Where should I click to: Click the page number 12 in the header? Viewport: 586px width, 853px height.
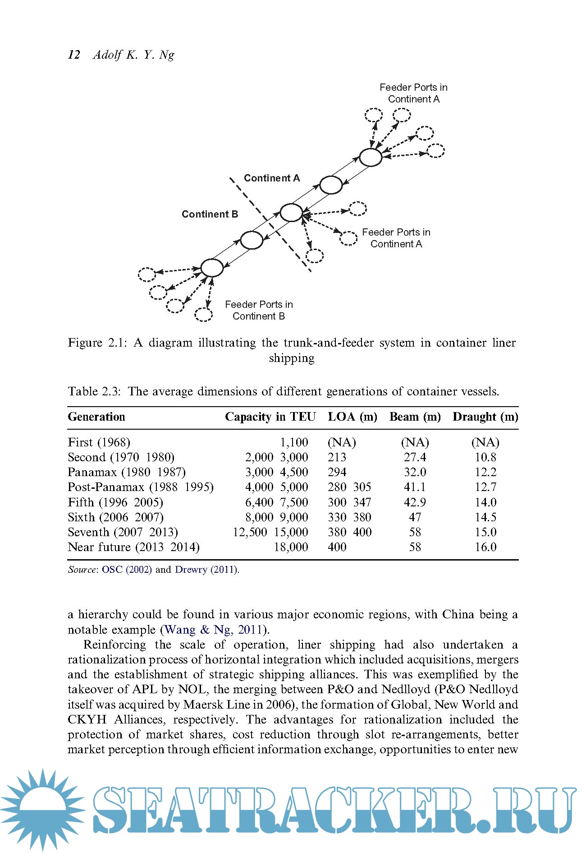tap(74, 55)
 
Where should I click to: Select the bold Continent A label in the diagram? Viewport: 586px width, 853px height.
tap(272, 178)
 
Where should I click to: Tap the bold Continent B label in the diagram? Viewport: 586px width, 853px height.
tap(210, 214)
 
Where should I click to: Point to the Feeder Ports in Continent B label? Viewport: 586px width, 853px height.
tap(259, 311)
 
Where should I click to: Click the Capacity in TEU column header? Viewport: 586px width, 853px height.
tap(270, 417)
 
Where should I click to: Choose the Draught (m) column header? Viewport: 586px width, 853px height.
tap(485, 417)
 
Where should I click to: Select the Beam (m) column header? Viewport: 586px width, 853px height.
tap(415, 417)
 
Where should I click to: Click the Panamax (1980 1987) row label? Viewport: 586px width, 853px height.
tap(127, 472)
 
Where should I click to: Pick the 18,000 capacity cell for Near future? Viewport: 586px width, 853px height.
tap(291, 547)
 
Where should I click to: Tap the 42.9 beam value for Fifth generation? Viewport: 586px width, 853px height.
tap(415, 502)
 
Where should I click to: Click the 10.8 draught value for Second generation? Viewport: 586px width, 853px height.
tap(485, 457)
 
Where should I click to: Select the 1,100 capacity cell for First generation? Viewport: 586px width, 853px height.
tap(294, 442)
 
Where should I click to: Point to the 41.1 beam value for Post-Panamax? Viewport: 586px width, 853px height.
tap(415, 487)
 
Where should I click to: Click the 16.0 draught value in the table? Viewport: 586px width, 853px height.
tap(485, 547)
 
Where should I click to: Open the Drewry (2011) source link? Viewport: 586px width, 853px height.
tap(206, 570)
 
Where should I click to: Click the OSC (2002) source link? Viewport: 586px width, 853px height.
tap(127, 570)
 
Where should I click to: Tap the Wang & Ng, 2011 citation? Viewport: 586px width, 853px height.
tap(214, 630)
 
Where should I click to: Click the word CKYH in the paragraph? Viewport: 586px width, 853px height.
tap(87, 719)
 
